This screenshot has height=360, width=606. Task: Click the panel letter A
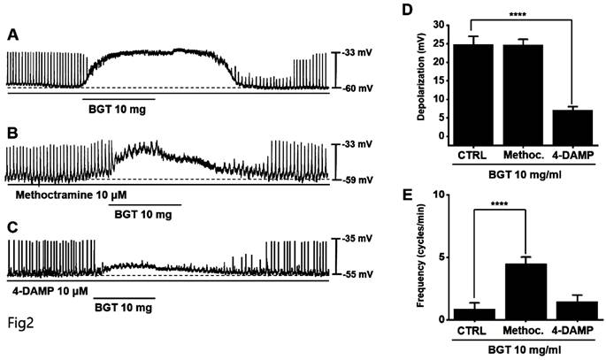point(13,35)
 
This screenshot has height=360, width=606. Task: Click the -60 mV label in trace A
point(362,88)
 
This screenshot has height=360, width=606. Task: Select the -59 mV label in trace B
point(362,180)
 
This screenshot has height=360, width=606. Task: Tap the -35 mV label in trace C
point(362,239)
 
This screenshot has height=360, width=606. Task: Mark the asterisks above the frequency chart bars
point(502,204)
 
